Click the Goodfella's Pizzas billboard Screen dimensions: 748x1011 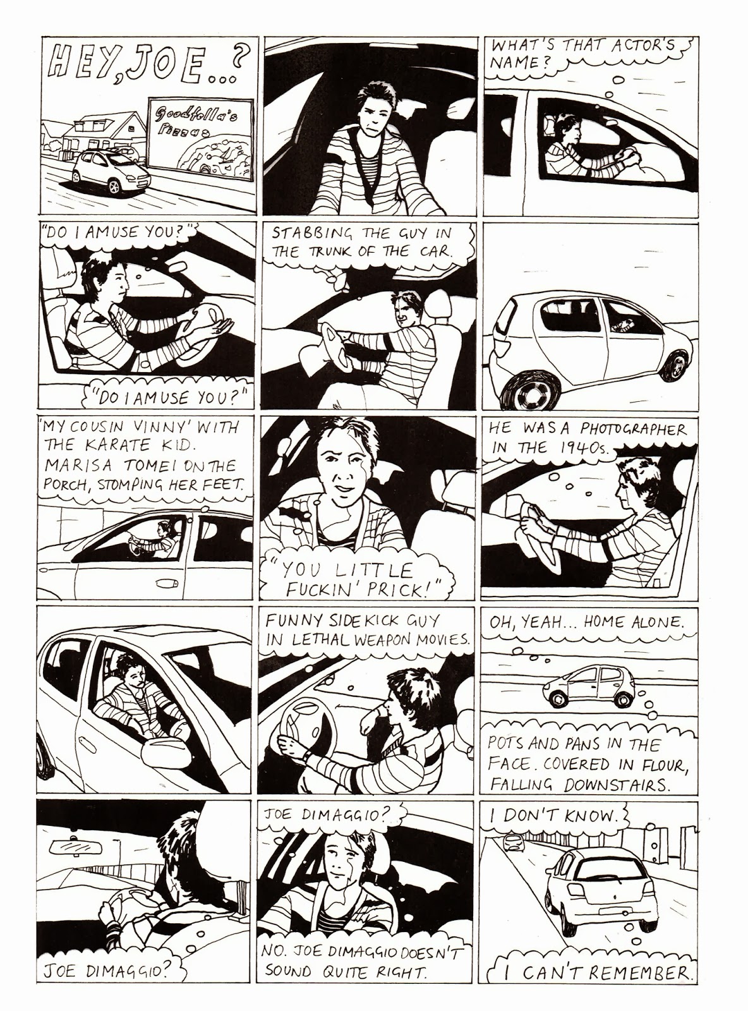200,139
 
